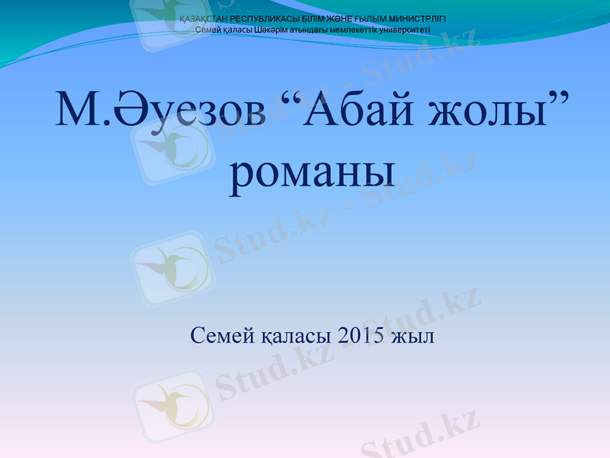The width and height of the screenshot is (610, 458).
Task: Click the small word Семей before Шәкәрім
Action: (207, 30)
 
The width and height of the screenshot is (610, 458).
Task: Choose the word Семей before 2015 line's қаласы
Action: (217, 335)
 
